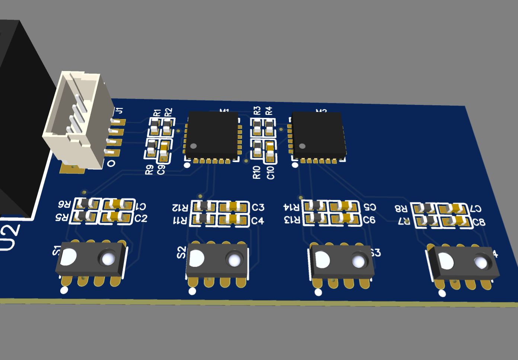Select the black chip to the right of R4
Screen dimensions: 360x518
coord(318,135)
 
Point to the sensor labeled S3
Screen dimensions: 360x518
coord(342,261)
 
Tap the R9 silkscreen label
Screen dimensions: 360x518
coord(149,170)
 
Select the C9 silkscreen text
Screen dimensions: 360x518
coord(161,170)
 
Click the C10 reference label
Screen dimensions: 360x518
coord(271,173)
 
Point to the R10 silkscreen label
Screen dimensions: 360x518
coord(257,173)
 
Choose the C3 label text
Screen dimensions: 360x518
coord(258,207)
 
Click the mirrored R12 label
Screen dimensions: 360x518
coord(180,207)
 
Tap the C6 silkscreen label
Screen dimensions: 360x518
coord(369,220)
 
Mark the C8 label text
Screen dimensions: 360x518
coord(479,222)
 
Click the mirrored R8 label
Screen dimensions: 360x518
coord(402,209)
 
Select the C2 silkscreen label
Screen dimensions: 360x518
coord(141,218)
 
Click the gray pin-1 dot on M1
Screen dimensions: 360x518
coord(194,146)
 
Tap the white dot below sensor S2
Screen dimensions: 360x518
coord(192,291)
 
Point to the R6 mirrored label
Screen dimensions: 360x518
coord(64,204)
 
